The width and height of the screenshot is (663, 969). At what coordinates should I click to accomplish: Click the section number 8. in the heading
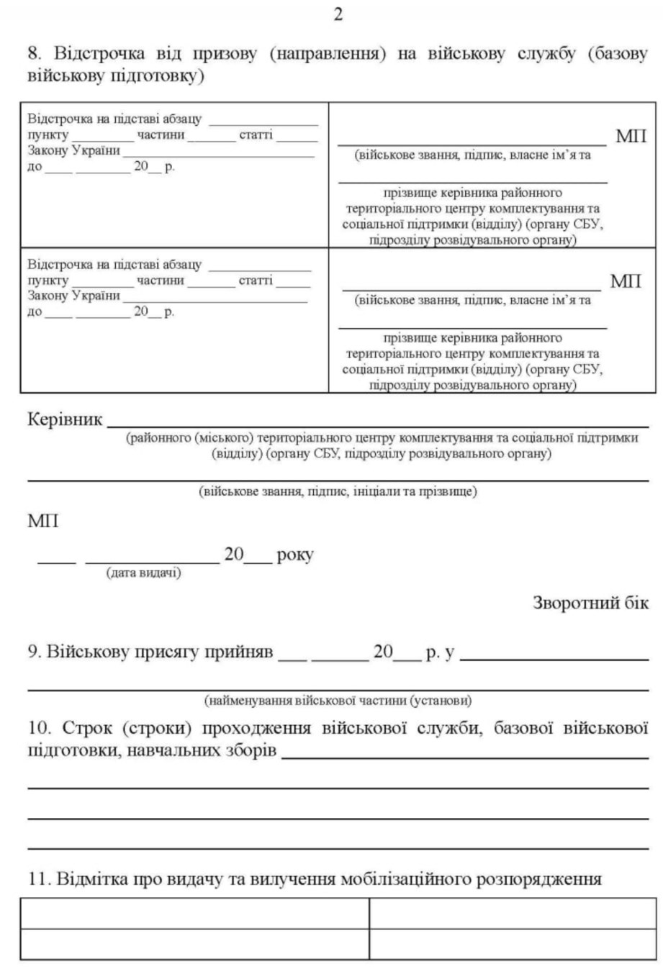35,55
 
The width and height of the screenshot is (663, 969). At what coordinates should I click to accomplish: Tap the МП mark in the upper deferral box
631,136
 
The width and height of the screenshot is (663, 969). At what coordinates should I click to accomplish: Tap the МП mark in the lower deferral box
626,281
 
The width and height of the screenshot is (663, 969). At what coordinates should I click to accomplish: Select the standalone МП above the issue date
43,521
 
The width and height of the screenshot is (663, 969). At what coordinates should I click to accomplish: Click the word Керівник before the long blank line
65,419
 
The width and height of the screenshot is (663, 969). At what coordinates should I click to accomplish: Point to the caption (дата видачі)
144,573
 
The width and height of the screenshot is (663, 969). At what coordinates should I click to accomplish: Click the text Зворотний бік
590,603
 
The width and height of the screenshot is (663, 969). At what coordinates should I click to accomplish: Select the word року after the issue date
295,555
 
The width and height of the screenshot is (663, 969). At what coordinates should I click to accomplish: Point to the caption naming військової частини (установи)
338,700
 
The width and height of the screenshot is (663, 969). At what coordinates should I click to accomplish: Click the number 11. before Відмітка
37,879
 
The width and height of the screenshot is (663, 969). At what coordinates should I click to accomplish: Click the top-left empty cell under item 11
194,914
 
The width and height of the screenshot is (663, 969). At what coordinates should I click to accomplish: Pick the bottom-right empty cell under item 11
513,945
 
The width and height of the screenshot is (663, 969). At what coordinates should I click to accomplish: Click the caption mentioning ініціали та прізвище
338,491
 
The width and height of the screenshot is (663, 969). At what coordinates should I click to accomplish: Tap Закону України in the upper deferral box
73,150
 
